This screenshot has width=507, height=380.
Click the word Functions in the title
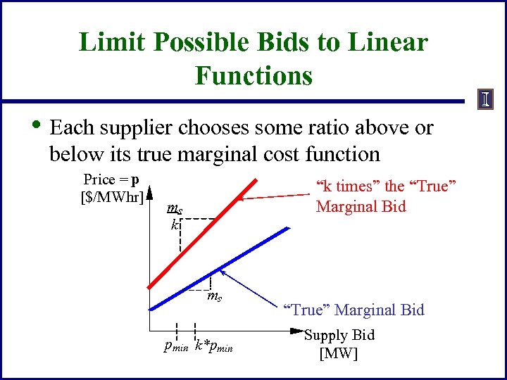(x=254, y=75)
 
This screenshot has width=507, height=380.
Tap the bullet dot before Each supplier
(x=36, y=128)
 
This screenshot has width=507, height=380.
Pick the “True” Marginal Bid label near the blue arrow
(x=353, y=310)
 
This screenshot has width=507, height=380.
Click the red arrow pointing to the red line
(x=275, y=197)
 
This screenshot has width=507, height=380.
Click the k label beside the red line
(x=173, y=225)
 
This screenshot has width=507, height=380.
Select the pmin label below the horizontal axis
(x=175, y=346)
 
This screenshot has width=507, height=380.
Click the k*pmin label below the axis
(x=213, y=346)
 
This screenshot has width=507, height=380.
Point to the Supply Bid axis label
(x=339, y=336)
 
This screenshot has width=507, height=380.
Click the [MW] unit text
(x=338, y=353)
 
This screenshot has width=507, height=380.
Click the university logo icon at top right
(x=486, y=99)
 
